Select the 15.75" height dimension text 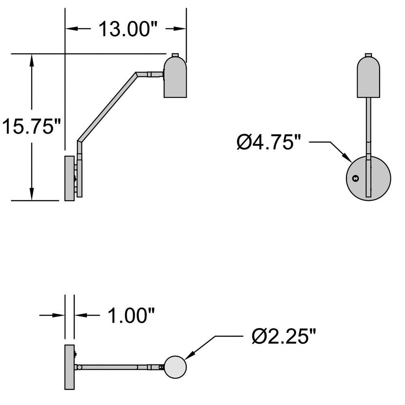tap(31, 126)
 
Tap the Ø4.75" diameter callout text tap(269, 142)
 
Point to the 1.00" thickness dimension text tap(131, 315)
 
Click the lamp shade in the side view tap(175, 77)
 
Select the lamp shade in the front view tap(368, 77)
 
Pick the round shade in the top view tap(175, 367)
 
